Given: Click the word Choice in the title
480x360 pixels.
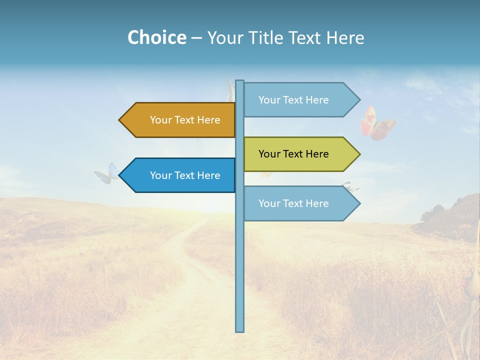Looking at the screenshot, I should [x=156, y=37].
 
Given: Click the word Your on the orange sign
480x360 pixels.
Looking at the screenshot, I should [x=160, y=120].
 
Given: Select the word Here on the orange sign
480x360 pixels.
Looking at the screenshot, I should [x=208, y=120].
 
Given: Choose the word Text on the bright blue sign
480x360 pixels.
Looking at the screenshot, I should [x=184, y=175].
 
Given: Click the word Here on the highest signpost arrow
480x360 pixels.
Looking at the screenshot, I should [x=316, y=100].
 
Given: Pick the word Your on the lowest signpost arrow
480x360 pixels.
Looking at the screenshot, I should [x=269, y=203].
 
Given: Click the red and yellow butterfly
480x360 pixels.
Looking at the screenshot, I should [x=377, y=123].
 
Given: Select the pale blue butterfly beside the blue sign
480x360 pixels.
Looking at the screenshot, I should [x=106, y=173].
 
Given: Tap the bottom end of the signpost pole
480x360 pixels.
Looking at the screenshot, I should [x=240, y=330].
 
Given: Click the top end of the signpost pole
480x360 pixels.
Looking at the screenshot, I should [x=240, y=81].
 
